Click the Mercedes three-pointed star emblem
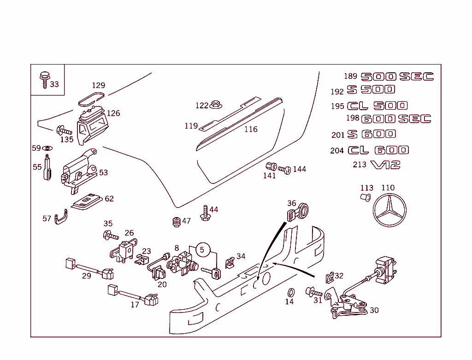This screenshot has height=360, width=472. [390, 210]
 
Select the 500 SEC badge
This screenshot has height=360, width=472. [397, 77]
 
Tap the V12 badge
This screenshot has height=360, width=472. [385, 165]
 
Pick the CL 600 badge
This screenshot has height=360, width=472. [378, 150]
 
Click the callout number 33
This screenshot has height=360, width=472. [54, 84]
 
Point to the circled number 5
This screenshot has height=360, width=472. [202, 250]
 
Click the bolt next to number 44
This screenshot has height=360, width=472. [204, 212]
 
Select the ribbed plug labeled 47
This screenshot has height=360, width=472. [175, 222]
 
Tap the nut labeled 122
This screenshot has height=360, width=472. [215, 106]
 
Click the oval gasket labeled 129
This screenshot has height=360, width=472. [91, 98]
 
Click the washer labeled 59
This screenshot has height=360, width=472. [47, 148]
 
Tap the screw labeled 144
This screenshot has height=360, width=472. [284, 170]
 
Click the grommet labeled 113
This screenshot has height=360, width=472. [366, 198]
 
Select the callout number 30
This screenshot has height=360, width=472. [374, 310]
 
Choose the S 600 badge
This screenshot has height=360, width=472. [372, 134]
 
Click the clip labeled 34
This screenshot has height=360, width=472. [230, 263]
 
